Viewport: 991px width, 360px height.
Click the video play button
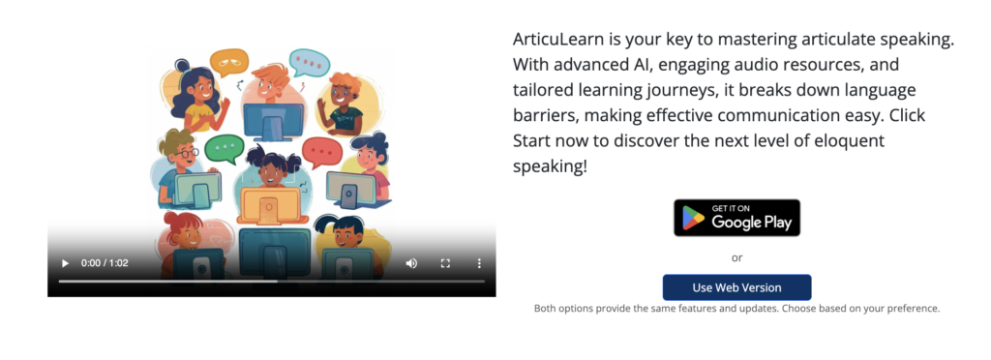click(x=65, y=262)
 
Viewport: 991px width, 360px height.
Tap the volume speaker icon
click(x=411, y=262)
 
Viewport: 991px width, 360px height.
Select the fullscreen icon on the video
click(x=445, y=262)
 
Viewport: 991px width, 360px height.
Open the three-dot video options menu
click(x=479, y=262)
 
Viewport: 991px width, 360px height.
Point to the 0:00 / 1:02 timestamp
click(x=105, y=262)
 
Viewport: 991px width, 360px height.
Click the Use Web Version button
click(x=736, y=287)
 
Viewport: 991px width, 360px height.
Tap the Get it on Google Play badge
click(x=736, y=218)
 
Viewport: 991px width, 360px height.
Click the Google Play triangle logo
click(x=693, y=218)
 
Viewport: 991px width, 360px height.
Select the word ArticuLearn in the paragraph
click(x=558, y=40)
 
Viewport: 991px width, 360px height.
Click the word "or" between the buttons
click(x=736, y=257)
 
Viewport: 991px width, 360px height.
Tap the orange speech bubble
click(x=228, y=62)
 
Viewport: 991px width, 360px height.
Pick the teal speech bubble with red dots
click(x=309, y=62)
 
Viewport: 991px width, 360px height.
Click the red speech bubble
click(x=321, y=152)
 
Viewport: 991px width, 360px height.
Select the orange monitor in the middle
click(x=270, y=206)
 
